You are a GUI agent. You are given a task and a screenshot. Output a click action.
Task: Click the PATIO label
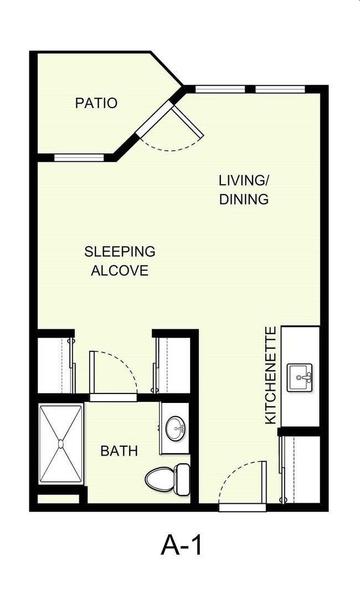96,103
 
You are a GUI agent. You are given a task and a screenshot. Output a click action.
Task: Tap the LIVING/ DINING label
244,190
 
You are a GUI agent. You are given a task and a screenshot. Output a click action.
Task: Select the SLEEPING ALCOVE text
120,260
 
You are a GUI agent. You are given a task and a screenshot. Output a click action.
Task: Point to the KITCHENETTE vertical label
271,376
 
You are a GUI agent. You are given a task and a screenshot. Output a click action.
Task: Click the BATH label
119,451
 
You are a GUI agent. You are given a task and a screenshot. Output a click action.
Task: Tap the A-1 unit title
182,545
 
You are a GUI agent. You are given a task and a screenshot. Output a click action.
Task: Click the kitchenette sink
300,377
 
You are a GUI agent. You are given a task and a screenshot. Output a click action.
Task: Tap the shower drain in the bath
60,443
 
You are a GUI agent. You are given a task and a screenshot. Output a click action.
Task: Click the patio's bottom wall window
79,157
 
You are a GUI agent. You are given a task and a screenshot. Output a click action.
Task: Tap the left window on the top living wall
220,89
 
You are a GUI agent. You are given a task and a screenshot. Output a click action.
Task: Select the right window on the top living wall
280,89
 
